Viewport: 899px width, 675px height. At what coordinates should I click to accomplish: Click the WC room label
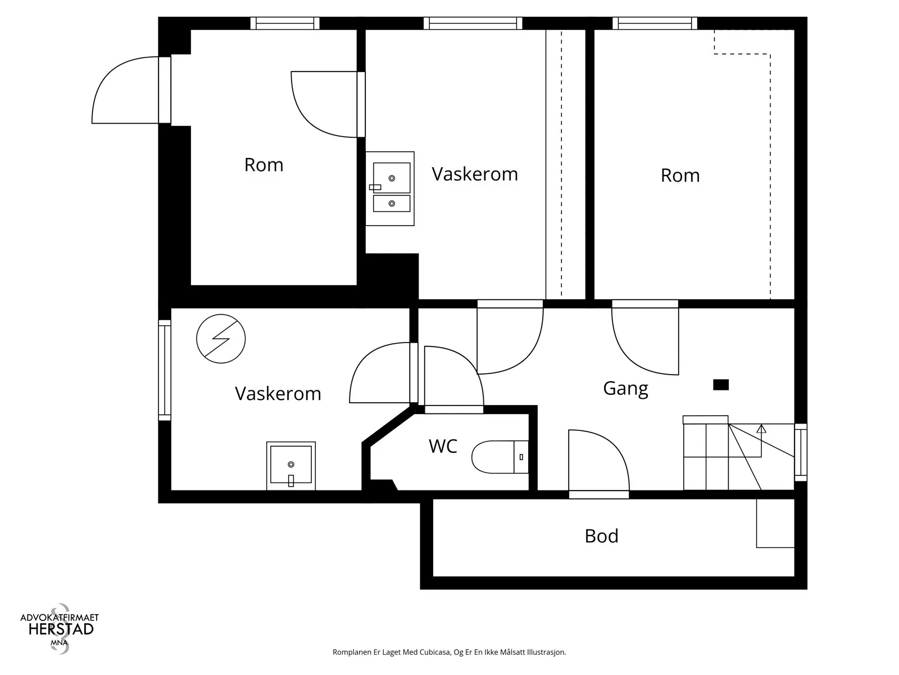[443, 446]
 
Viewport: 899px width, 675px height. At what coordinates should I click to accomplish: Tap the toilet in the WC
[500, 457]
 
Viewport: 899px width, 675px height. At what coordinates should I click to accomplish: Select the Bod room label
[601, 536]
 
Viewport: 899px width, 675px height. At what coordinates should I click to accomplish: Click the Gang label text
[625, 389]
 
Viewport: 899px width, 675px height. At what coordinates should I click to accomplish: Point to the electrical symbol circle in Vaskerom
[221, 339]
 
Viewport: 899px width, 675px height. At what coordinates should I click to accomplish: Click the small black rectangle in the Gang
[721, 385]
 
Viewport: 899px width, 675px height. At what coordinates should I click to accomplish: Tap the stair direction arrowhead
[761, 429]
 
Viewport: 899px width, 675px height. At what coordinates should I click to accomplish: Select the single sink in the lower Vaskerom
[291, 466]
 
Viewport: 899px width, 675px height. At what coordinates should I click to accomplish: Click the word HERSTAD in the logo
[61, 629]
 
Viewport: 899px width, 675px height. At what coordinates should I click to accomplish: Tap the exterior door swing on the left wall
[125, 90]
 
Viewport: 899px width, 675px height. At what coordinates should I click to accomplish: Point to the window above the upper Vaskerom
[473, 24]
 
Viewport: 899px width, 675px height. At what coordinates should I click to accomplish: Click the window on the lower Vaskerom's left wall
[165, 370]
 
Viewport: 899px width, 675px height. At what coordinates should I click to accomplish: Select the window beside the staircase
[801, 452]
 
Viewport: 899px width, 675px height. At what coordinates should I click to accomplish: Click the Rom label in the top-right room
[680, 175]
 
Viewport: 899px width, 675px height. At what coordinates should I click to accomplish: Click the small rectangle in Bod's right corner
[775, 523]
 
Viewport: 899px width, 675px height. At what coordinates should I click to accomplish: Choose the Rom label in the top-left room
[264, 165]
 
